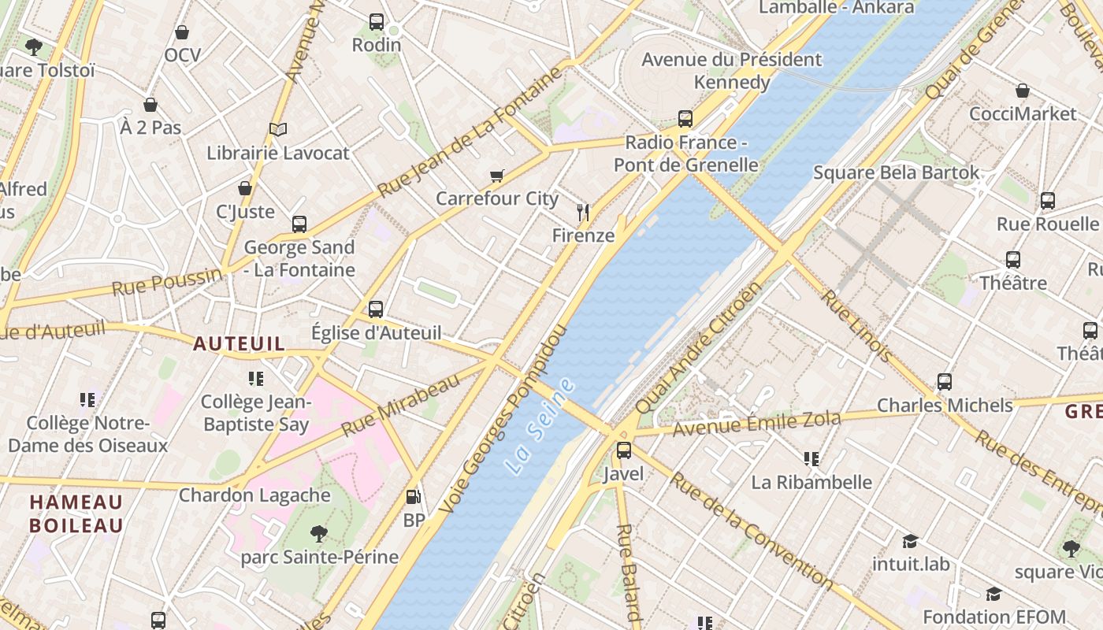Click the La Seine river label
[x=541, y=426]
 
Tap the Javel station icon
[x=623, y=450]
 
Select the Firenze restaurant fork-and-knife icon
[x=583, y=212]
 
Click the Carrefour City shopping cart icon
[x=496, y=176]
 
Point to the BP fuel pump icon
[x=413, y=497]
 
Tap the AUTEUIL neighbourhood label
[x=239, y=343]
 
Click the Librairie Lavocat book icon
[x=277, y=129]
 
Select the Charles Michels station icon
[x=945, y=382]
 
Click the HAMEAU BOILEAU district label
[x=76, y=513]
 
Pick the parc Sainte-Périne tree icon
[x=319, y=534]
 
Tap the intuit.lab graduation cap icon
[x=910, y=541]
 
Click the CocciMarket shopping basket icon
[x=1022, y=91]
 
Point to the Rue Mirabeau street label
[x=400, y=406]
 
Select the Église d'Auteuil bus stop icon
[x=376, y=309]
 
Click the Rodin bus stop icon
[x=377, y=22]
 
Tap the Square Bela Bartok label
[x=896, y=172]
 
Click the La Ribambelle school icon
[x=811, y=458]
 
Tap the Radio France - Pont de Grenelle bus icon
[x=685, y=119]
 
